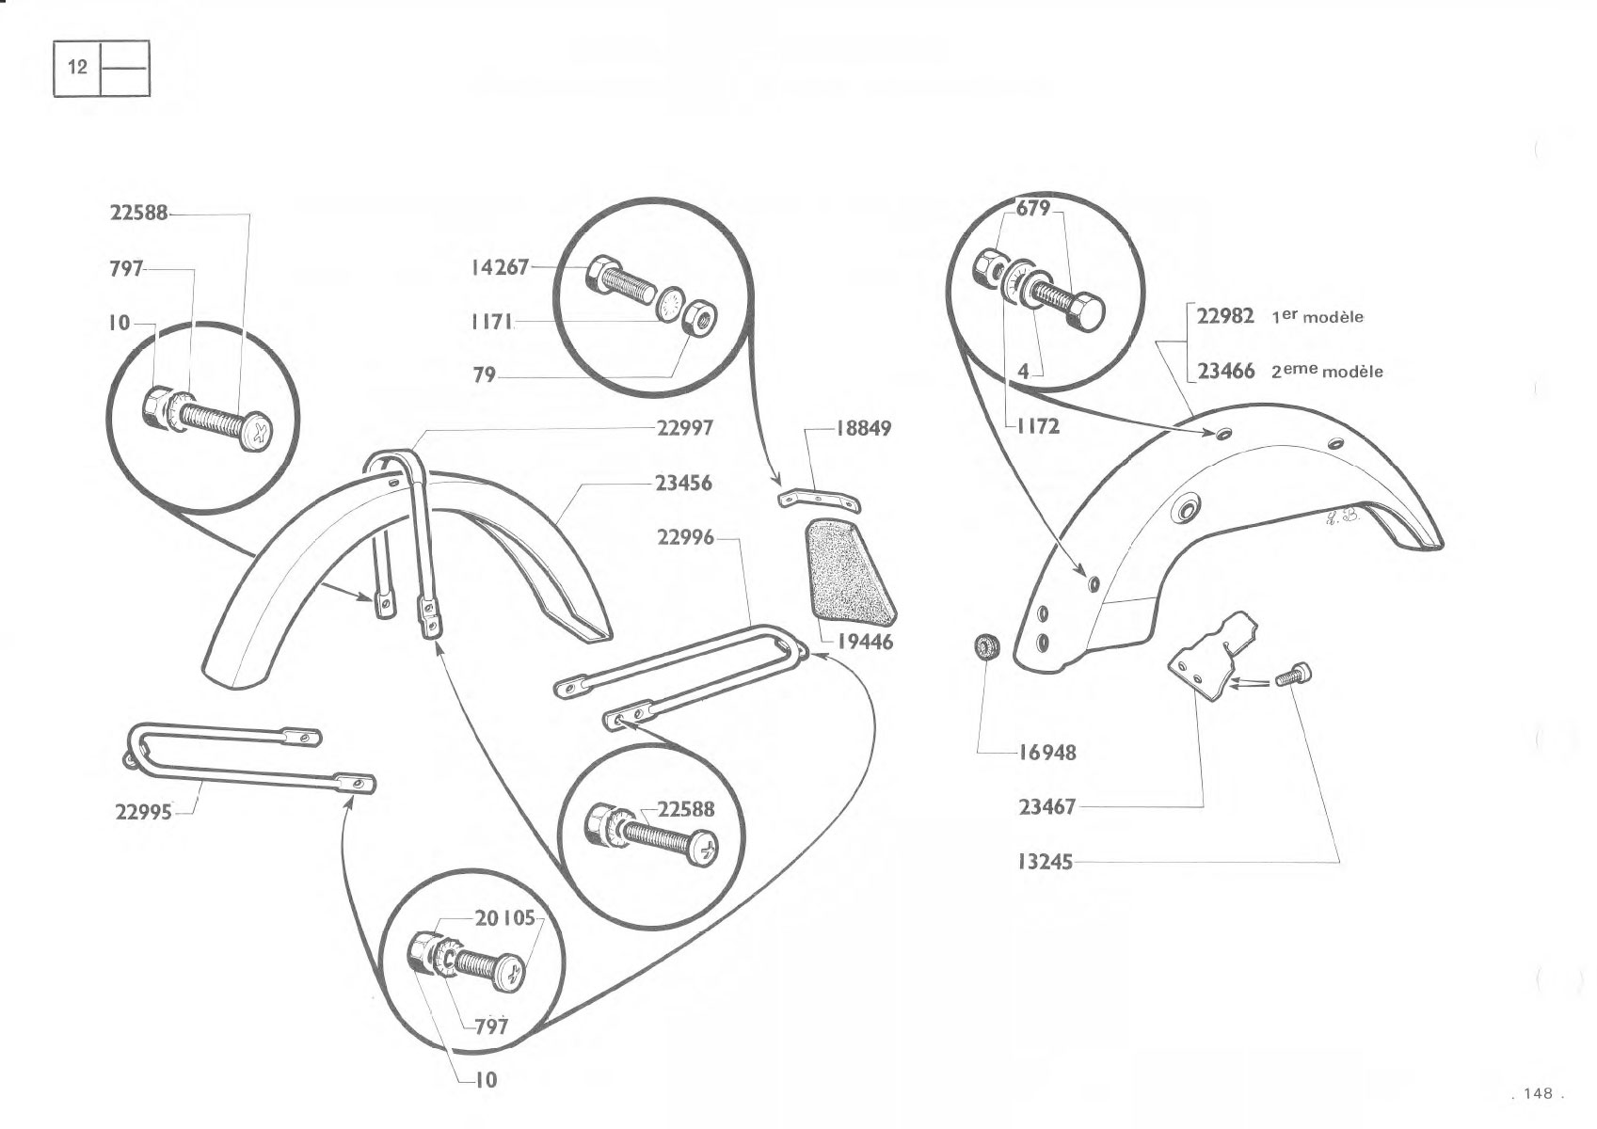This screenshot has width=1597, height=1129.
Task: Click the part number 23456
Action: coord(684,484)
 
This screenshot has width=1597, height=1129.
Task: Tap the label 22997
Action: coord(684,428)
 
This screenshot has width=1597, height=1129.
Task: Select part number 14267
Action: coord(500,268)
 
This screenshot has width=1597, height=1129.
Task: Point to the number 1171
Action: coord(492,322)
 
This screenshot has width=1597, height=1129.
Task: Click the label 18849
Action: coord(863,429)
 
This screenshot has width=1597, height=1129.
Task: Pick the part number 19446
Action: coord(865,643)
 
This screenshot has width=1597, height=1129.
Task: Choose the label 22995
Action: coord(143,813)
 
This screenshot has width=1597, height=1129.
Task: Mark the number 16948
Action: coord(1047,752)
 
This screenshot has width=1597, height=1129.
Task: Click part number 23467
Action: coord(1046,807)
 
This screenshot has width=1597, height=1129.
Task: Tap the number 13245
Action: coord(1046,863)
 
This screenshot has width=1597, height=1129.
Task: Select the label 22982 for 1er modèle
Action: coord(1225,316)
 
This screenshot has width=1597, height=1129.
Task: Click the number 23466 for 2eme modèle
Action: coord(1225,371)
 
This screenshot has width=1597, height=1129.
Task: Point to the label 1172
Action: coord(1038,426)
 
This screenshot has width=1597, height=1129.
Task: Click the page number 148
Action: coord(1538,1093)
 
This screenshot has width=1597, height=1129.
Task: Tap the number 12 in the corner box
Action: coord(77,67)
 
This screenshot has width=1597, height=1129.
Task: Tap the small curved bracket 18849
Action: coord(819,499)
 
